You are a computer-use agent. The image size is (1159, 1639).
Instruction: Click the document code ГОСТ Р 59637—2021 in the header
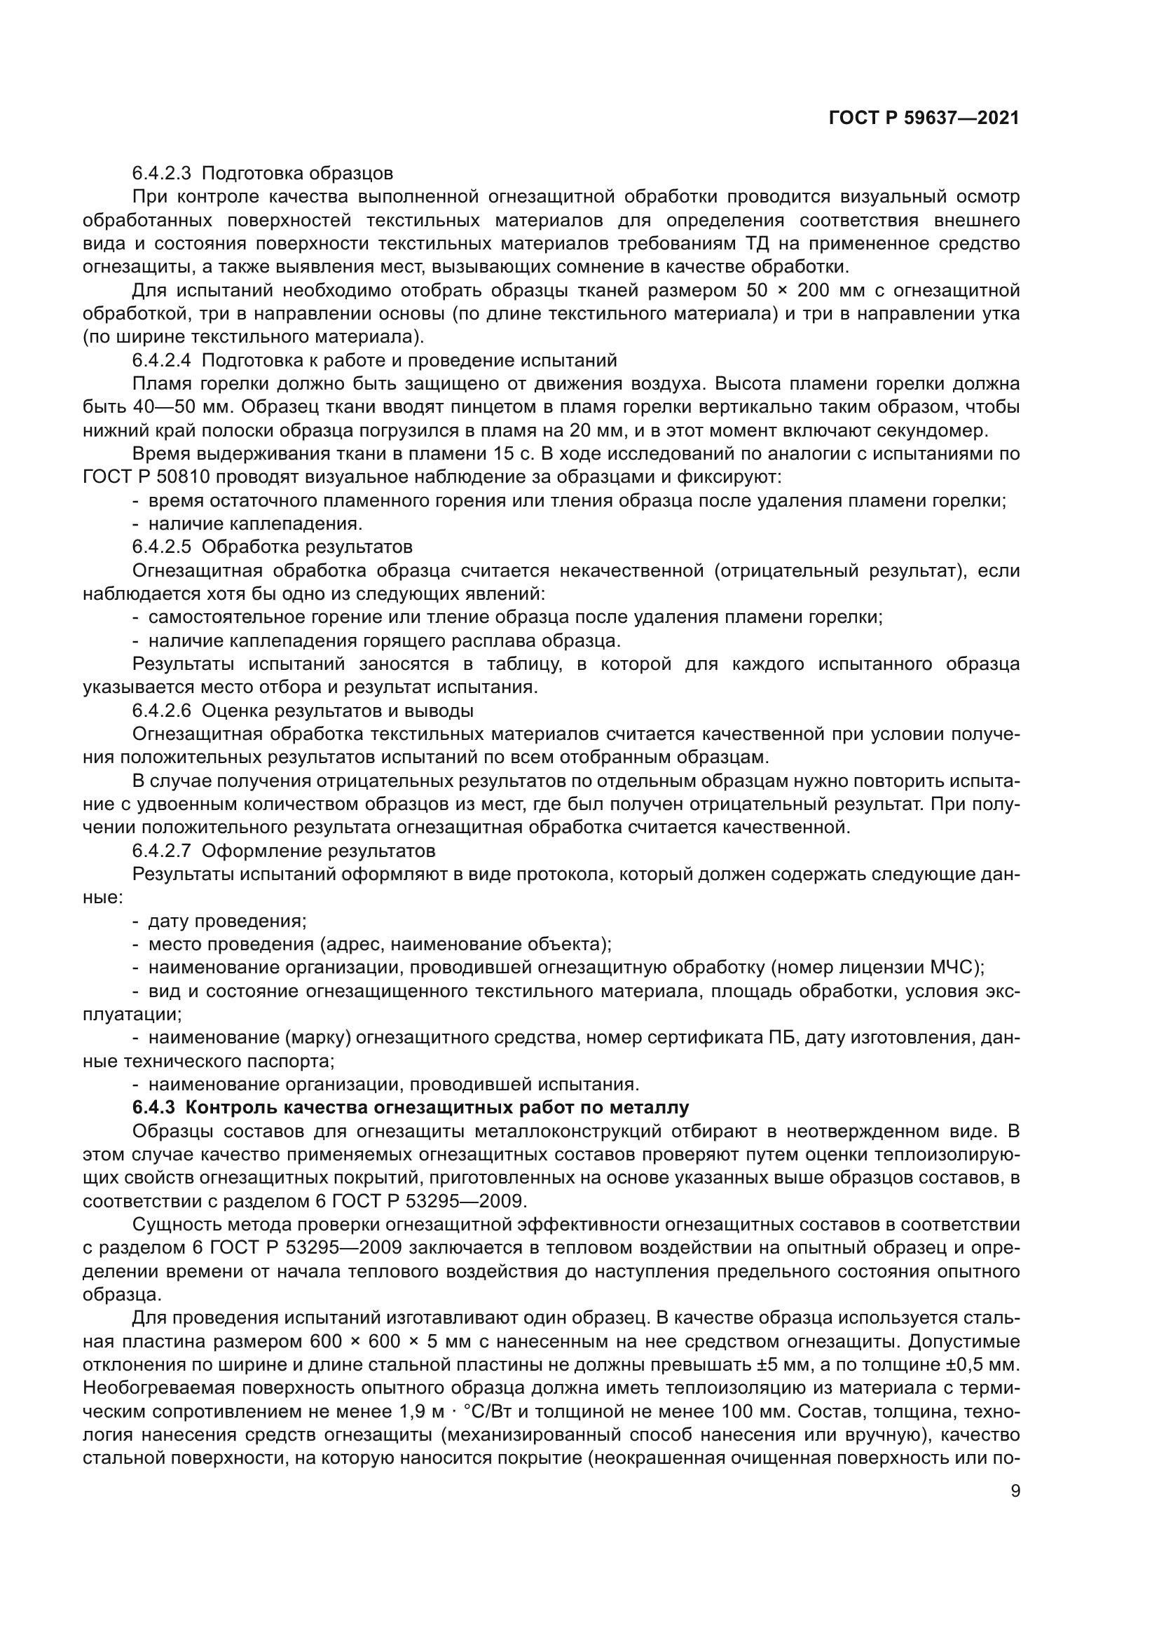924,118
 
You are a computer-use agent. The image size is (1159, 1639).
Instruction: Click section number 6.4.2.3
161,174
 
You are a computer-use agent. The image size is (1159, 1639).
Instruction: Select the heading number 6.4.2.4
161,360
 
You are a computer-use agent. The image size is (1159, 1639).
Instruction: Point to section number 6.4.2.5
161,547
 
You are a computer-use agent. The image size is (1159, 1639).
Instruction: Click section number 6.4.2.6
161,711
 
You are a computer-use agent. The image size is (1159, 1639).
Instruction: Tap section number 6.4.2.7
161,851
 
